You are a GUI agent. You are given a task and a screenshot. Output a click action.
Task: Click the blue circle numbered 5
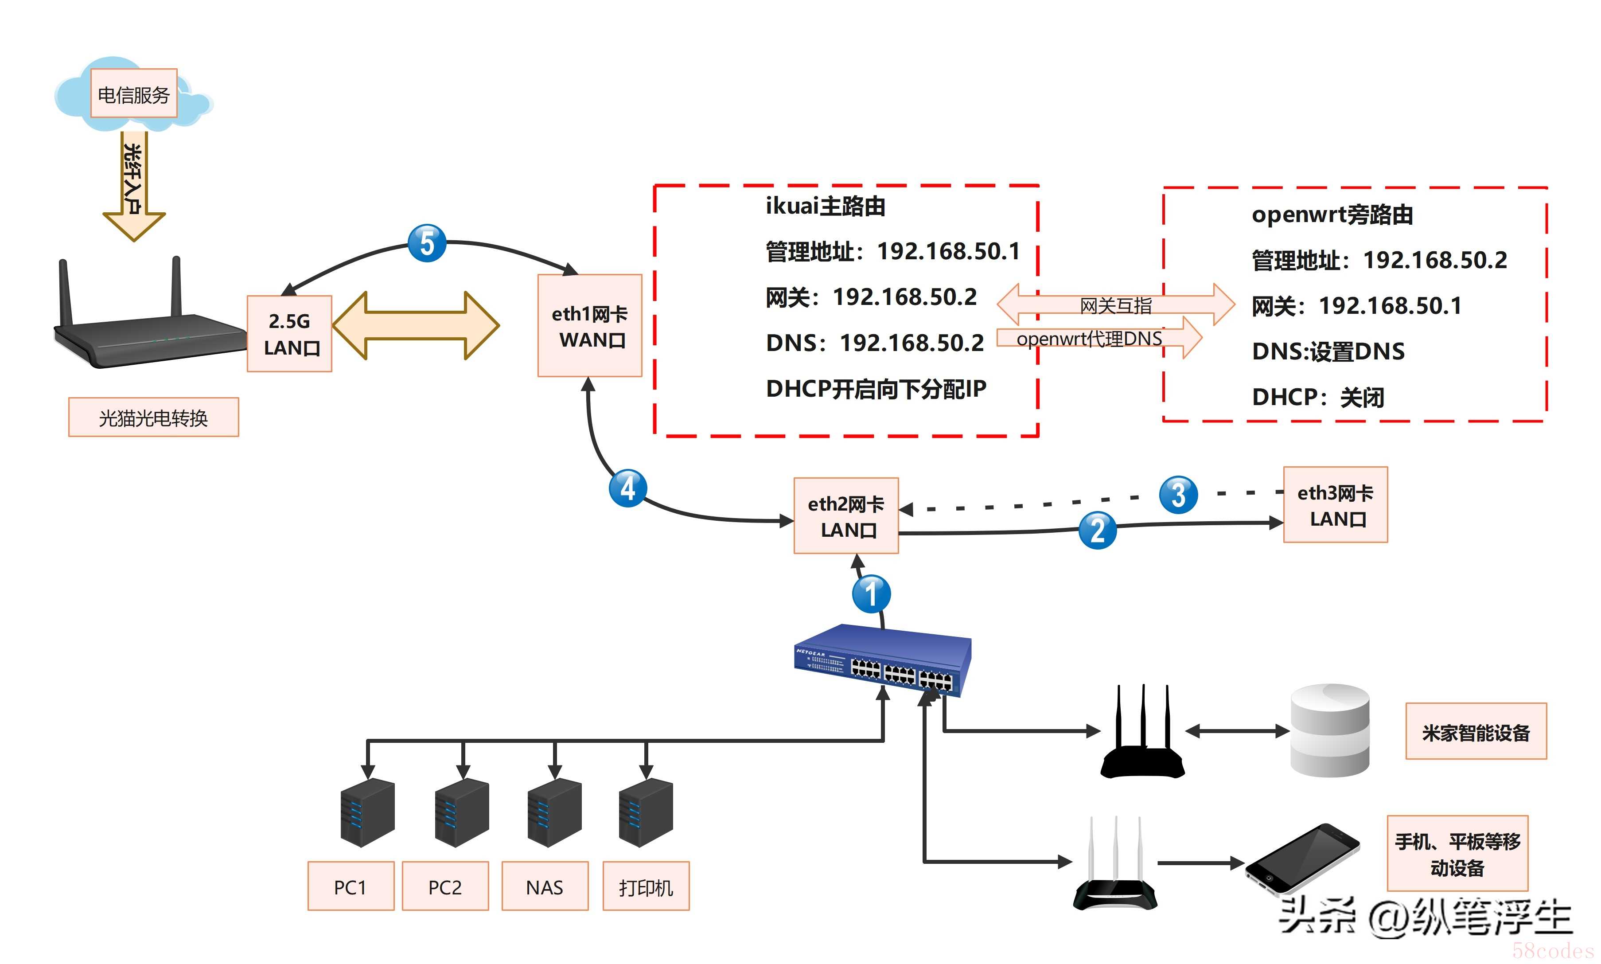[427, 244]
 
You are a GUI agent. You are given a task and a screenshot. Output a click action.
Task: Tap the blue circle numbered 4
[627, 488]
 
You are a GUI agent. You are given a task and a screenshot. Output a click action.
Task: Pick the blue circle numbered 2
[1097, 530]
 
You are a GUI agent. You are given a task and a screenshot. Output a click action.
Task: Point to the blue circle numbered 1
[871, 594]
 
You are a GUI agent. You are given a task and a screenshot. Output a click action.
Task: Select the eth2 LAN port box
[845, 516]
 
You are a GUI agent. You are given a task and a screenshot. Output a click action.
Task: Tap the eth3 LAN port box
[1336, 505]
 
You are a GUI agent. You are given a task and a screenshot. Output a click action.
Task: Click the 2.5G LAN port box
[290, 334]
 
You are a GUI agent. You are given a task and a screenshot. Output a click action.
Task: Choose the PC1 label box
[351, 887]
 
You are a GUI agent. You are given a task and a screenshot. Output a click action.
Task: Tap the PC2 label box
[445, 887]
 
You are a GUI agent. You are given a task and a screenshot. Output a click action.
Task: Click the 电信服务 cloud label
[134, 94]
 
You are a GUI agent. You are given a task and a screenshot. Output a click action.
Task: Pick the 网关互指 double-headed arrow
[1115, 304]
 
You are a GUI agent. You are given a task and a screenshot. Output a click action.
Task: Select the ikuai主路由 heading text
[825, 207]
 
